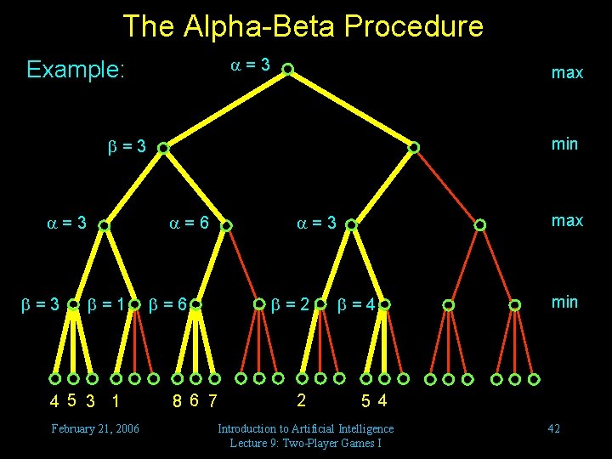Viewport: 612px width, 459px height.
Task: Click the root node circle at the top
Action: click(x=288, y=69)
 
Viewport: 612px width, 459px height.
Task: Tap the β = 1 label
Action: click(x=105, y=303)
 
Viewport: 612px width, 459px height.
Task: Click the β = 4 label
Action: click(x=356, y=303)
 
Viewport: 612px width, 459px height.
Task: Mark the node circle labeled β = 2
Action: click(x=320, y=303)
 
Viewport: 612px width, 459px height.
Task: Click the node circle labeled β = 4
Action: click(x=384, y=303)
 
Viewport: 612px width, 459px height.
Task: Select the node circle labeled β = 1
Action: click(x=134, y=303)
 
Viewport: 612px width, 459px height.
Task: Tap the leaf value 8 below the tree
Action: click(x=177, y=400)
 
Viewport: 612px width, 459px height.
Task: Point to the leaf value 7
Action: click(x=212, y=400)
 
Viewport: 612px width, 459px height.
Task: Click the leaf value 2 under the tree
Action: click(x=300, y=398)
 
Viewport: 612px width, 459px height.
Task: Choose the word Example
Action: click(x=76, y=70)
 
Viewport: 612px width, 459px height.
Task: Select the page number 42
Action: click(x=553, y=428)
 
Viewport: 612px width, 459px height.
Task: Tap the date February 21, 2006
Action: click(x=95, y=428)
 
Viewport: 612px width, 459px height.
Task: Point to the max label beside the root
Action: click(x=567, y=73)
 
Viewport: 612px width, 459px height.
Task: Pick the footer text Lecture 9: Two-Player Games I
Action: click(x=305, y=443)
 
